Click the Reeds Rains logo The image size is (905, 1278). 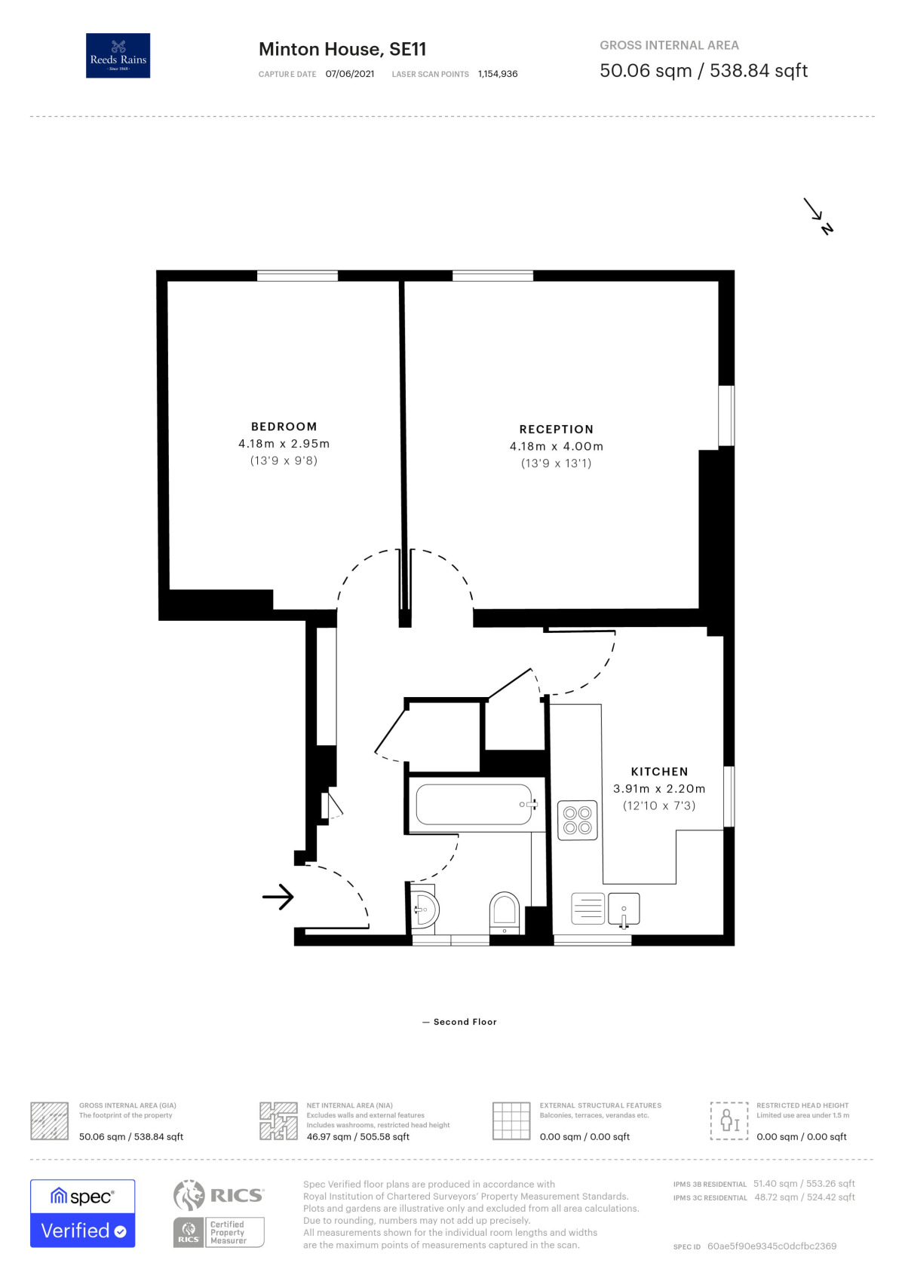[x=118, y=56]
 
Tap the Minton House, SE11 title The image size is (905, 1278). [x=342, y=49]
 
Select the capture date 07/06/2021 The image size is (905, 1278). [x=350, y=74]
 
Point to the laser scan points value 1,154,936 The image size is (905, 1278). [x=498, y=74]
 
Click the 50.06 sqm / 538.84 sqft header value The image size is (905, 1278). [x=703, y=71]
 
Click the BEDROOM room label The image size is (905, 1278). [x=284, y=427]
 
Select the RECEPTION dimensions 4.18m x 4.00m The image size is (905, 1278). [x=556, y=446]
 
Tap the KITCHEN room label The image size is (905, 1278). [x=659, y=772]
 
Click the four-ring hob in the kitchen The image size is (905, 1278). [x=578, y=821]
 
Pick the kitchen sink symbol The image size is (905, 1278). [x=624, y=910]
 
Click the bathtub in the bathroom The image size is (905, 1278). [x=474, y=805]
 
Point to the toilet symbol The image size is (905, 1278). [x=504, y=912]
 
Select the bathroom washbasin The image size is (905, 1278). [x=425, y=910]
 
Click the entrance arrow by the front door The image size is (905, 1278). [x=278, y=897]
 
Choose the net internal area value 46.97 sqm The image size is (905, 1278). [x=357, y=1136]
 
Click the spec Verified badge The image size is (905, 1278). [x=83, y=1213]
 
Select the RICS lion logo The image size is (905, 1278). [x=189, y=1195]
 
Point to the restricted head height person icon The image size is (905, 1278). [x=729, y=1121]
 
